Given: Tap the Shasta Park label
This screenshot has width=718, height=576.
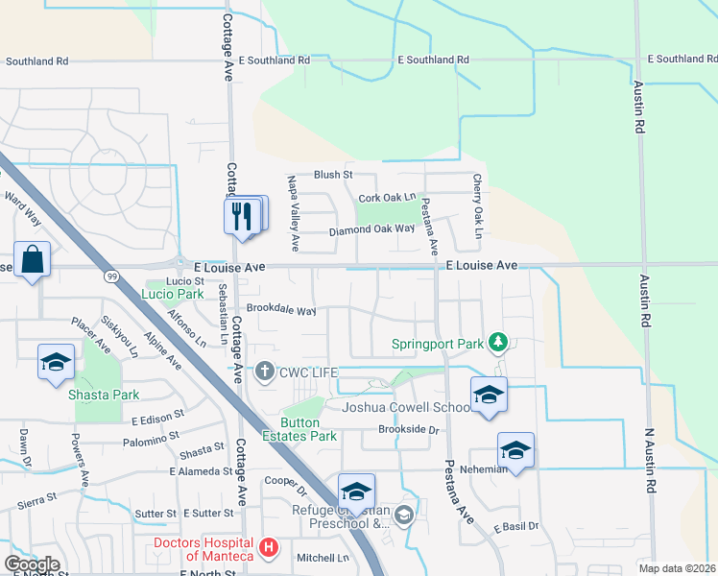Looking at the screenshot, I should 109,395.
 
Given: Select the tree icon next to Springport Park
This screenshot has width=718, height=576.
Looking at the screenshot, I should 497,342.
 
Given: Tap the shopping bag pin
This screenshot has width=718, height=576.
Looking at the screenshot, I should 32,260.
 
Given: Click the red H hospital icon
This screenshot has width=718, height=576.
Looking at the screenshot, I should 269,549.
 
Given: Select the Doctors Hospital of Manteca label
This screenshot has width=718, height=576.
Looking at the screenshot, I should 204,549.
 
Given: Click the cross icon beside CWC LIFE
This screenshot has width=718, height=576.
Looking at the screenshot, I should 264,371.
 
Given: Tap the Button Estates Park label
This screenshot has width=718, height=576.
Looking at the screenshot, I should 308,429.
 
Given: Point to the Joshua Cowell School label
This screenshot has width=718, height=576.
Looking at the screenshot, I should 407,407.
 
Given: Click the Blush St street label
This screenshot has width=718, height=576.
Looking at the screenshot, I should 334,175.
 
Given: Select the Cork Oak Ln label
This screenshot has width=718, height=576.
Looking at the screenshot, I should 386,198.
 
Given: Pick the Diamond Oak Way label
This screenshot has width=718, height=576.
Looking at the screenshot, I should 371,229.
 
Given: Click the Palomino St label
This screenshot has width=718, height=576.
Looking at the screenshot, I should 152,442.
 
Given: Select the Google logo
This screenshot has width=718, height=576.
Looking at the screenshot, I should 32,564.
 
